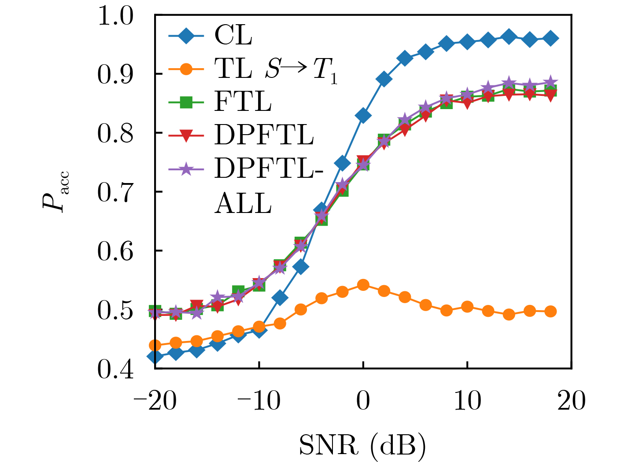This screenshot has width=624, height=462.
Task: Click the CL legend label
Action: [233, 35]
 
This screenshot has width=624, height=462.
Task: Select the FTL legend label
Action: [243, 102]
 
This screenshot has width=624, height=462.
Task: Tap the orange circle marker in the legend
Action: [186, 69]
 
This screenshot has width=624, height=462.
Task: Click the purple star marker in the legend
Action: [186, 169]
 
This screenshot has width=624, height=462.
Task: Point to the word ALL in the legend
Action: [243, 204]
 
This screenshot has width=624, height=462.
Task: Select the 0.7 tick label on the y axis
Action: [115, 192]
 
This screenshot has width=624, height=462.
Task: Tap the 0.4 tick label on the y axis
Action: [115, 369]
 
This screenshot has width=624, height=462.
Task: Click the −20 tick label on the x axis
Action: [155, 401]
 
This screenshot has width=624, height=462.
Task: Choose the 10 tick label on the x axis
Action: [467, 401]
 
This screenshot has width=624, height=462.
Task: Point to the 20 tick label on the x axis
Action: [571, 401]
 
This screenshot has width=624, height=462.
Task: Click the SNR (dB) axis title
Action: [362, 445]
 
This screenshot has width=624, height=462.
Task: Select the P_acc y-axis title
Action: [54, 192]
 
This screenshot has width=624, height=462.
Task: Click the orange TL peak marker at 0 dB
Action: [363, 285]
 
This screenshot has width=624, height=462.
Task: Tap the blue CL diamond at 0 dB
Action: [363, 116]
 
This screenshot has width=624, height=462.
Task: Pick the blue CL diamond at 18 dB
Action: [550, 38]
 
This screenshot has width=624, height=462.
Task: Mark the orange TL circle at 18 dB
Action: [550, 312]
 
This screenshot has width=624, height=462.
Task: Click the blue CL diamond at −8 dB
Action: [280, 298]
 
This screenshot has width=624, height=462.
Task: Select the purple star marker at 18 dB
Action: [550, 82]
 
